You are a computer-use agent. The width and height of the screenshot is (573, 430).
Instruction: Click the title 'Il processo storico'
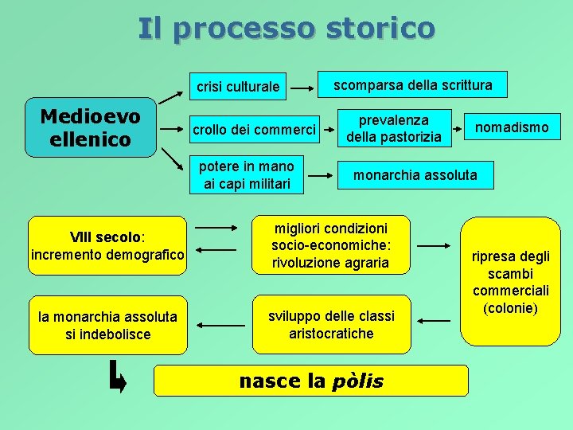[x=286, y=28]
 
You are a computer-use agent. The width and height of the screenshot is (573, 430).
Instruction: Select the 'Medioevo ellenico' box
[x=90, y=128]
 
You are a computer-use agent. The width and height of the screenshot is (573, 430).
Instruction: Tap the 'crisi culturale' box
[x=239, y=86]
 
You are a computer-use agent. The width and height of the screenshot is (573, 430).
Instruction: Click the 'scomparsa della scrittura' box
[x=412, y=84]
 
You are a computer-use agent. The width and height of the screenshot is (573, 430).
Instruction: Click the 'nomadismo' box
[x=512, y=127]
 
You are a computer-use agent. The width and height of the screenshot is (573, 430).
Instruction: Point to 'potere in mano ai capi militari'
[x=247, y=175]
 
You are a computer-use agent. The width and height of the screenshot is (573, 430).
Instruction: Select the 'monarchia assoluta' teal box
[x=415, y=174]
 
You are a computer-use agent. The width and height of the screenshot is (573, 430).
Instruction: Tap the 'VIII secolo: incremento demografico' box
[x=107, y=245]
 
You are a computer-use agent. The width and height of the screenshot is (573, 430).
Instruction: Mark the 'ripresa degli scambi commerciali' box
[x=510, y=281]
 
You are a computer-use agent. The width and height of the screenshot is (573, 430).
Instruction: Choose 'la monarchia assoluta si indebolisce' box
[x=107, y=325]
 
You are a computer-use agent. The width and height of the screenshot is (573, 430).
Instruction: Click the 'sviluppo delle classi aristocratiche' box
[x=331, y=324]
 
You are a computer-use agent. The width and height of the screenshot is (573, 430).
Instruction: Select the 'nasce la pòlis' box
[x=310, y=381]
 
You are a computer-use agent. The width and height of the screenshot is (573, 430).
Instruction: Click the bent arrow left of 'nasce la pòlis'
[x=117, y=377]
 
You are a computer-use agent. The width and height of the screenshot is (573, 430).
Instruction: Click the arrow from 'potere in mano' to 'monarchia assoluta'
[x=322, y=174]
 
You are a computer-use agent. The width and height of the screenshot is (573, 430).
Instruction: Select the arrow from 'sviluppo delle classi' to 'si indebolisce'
[x=220, y=325]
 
